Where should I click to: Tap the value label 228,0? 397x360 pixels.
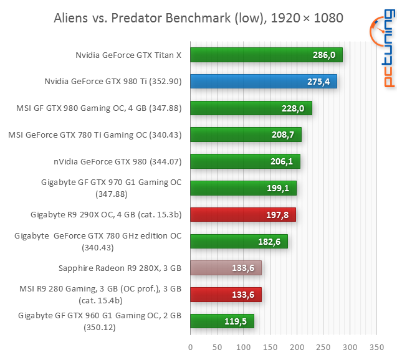click(x=293, y=108)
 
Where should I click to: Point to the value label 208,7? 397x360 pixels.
click(x=283, y=135)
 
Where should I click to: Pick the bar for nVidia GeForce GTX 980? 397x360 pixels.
click(x=245, y=161)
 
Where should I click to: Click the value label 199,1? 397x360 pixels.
click(x=278, y=188)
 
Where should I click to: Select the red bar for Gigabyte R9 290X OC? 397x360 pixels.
click(x=242, y=215)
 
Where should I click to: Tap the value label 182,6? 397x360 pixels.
click(x=269, y=242)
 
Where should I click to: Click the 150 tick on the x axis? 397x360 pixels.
click(x=270, y=346)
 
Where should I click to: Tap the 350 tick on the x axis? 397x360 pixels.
click(x=376, y=346)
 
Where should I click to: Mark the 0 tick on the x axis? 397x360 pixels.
click(x=190, y=346)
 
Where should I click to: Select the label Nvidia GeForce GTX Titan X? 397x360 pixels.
click(x=128, y=55)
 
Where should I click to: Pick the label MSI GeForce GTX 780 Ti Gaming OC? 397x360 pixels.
click(x=95, y=135)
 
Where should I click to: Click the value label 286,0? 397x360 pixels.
click(x=324, y=55)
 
